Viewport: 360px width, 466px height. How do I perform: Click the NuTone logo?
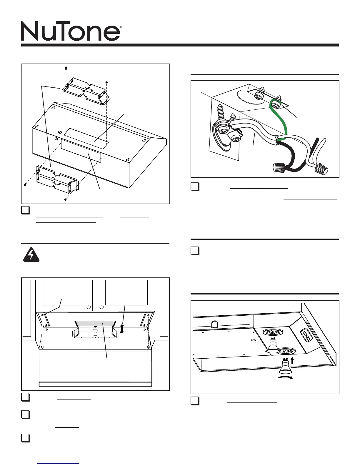coord(70,31)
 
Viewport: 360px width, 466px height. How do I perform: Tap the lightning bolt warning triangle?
coord(31,255)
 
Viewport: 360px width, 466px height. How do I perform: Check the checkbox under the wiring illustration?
coord(195,187)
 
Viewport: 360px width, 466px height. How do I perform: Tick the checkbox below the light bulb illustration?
coord(195,401)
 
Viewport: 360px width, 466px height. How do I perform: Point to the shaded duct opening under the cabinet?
coord(94,324)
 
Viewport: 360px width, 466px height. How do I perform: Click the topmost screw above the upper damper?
coord(66,68)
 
